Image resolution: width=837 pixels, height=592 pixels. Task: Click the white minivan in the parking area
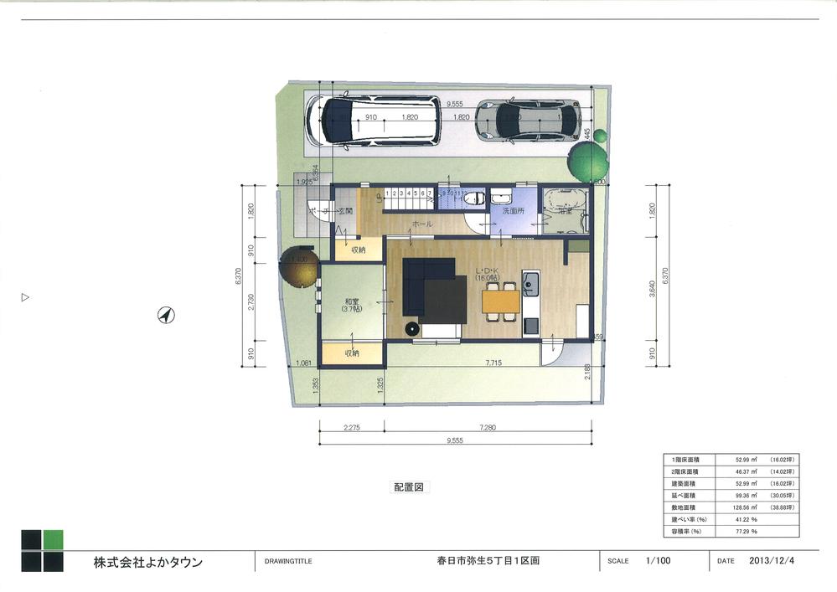pyautogui.click(x=372, y=121)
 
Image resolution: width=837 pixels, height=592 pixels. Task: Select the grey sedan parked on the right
pyautogui.click(x=528, y=121)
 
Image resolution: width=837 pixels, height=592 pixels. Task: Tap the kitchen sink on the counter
pyautogui.click(x=530, y=285)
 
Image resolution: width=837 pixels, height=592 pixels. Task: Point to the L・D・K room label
pyautogui.click(x=489, y=271)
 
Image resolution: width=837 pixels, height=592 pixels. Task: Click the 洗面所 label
pyautogui.click(x=513, y=212)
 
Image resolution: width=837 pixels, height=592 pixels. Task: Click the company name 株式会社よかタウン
pyautogui.click(x=147, y=562)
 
